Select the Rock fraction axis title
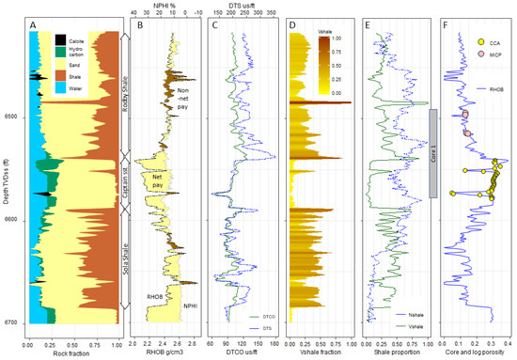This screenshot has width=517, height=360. (x=71, y=352)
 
